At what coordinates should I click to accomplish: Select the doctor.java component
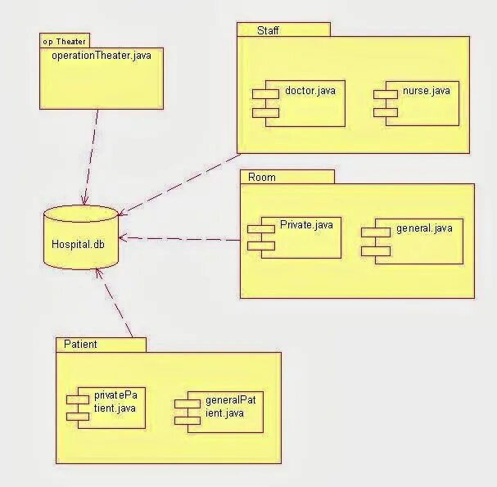303,103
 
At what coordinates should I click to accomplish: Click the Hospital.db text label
79,244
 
